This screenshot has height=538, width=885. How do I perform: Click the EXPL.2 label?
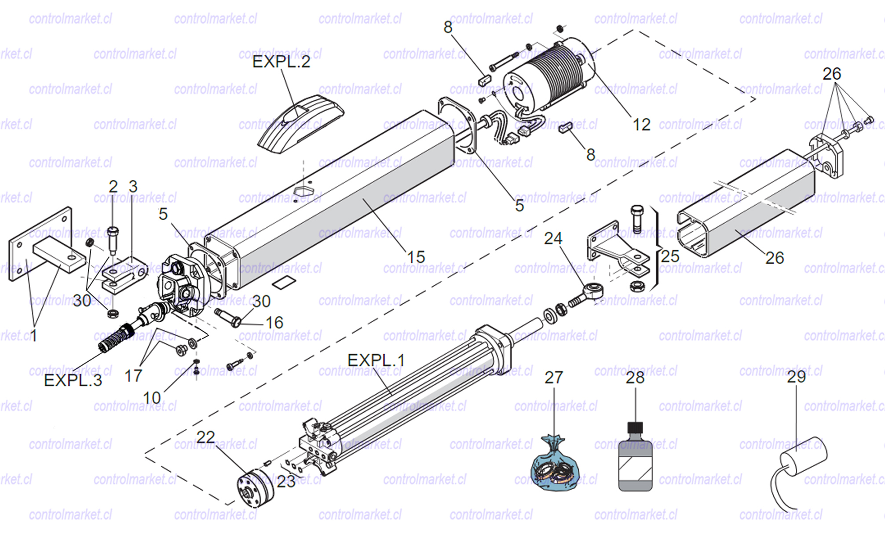pyautogui.click(x=281, y=62)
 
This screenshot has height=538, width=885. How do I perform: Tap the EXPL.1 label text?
pyautogui.click(x=376, y=360)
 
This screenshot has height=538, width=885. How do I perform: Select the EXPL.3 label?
pyautogui.click(x=73, y=380)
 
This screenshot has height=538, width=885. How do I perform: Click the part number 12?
pyautogui.click(x=641, y=125)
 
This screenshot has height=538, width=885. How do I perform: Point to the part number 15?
pyautogui.click(x=416, y=257)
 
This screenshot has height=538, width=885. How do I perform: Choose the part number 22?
pyautogui.click(x=205, y=437)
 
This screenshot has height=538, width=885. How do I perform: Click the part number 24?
pyautogui.click(x=553, y=239)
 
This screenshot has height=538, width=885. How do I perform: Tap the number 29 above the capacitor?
pyautogui.click(x=796, y=377)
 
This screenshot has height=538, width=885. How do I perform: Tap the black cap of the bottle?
pyautogui.click(x=635, y=427)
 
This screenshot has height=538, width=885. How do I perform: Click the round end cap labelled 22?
pyautogui.click(x=255, y=488)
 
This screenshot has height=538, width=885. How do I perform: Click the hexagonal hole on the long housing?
pyautogui.click(x=303, y=191)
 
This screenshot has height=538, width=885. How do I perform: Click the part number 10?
pyautogui.click(x=152, y=398)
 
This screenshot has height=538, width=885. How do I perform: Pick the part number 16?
pyautogui.click(x=274, y=323)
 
